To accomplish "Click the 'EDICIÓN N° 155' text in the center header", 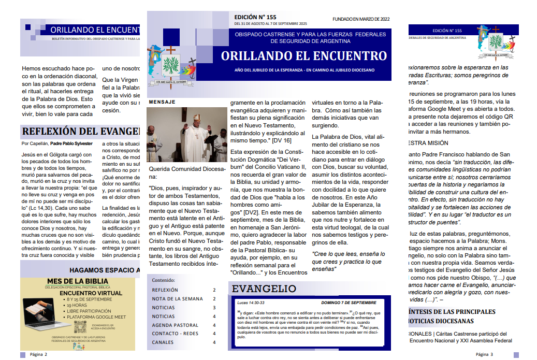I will [255, 17].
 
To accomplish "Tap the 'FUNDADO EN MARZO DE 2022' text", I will [360, 19].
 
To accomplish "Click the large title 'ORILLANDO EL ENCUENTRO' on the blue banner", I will [304, 56].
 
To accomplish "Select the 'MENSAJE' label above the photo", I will [162, 102].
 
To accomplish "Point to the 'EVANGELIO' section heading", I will [264, 289].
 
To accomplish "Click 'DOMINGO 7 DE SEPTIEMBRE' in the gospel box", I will [349, 302].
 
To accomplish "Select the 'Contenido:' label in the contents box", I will [164, 280].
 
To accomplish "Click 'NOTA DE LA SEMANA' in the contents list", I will [177, 299].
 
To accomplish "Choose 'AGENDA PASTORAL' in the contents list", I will [175, 325].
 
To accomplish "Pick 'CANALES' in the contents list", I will [163, 342].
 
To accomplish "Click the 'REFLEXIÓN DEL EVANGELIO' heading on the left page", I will [80, 131].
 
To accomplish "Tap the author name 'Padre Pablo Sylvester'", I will [71, 143].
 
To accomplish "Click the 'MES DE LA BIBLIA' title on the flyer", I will [77, 281].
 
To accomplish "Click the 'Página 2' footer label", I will [38, 354].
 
